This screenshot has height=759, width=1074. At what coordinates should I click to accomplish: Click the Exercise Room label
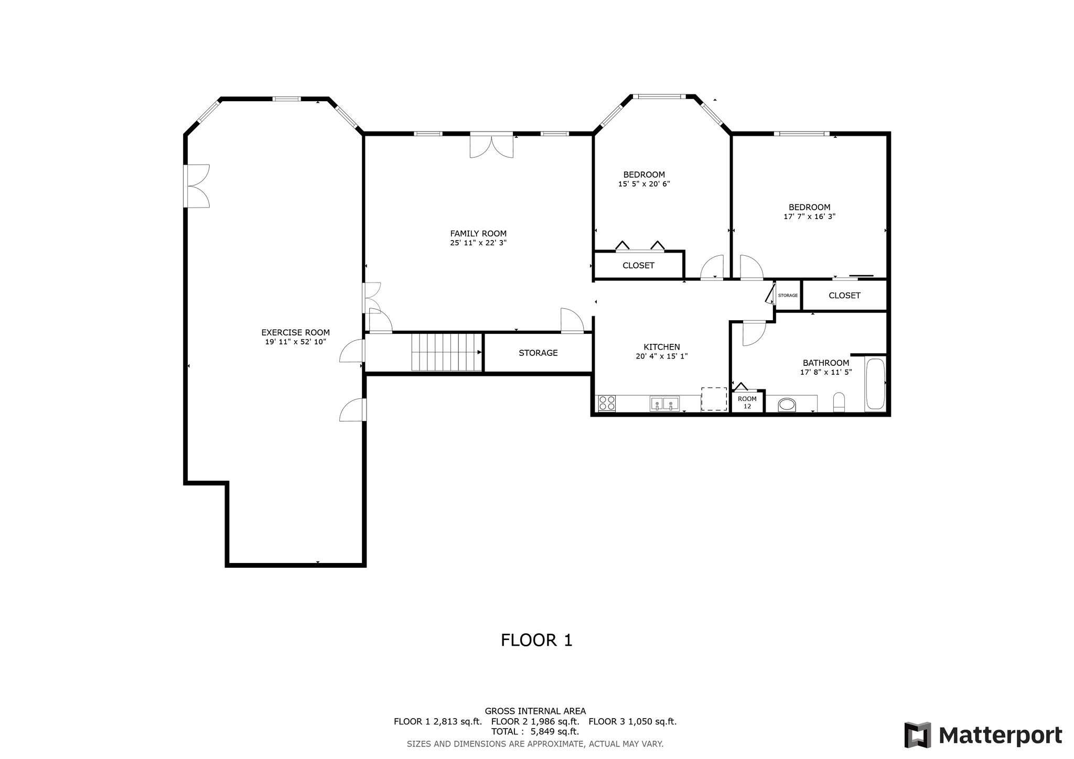[x=295, y=332]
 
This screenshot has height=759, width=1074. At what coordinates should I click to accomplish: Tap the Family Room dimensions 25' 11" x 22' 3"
[x=478, y=243]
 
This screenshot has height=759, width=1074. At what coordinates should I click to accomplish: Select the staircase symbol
[x=446, y=352]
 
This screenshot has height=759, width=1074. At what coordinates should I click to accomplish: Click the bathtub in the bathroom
[x=875, y=384]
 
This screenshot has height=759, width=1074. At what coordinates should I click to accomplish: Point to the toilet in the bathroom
[x=839, y=402]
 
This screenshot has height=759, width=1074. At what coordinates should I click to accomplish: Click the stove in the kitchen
[x=607, y=403]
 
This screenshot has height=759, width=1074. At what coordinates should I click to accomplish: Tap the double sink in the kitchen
[x=664, y=404]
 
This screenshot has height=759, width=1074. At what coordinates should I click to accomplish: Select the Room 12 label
[x=747, y=403]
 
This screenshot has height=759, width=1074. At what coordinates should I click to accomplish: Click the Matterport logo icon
[x=917, y=735]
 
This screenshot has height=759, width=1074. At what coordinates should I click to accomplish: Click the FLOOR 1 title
[x=536, y=640]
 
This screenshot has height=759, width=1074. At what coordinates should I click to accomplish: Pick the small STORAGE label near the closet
[x=788, y=296]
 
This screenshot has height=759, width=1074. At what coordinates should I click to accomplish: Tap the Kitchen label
[x=662, y=347]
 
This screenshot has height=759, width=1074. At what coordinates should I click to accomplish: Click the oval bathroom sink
[x=787, y=405]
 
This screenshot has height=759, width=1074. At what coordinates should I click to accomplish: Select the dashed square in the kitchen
[x=714, y=399]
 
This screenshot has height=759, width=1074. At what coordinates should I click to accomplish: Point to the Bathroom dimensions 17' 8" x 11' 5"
[x=826, y=373]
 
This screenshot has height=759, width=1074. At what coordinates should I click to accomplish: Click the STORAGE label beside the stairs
[x=538, y=353]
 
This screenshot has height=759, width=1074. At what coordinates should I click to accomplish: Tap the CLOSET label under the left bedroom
[x=638, y=265]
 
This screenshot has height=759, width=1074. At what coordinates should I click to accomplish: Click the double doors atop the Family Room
[x=491, y=145]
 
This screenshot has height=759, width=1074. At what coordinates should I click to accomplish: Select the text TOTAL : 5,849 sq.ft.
[x=535, y=732]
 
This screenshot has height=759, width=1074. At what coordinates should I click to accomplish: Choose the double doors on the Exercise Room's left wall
[x=197, y=186]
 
